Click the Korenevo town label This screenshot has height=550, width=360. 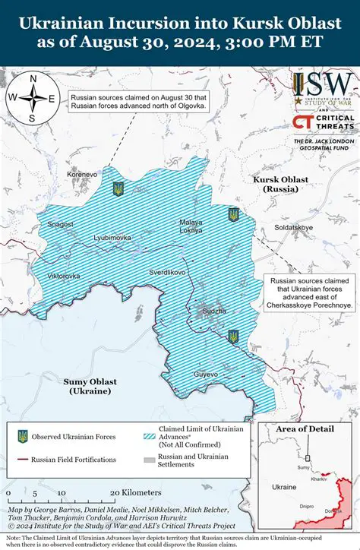click(x=82, y=175)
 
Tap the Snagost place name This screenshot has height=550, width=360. click(x=61, y=224)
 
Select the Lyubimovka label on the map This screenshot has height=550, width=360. click(x=112, y=238)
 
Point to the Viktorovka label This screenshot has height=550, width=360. click(x=63, y=276)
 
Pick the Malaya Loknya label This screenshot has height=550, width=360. click(x=191, y=226)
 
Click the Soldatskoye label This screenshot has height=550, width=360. click(x=293, y=227)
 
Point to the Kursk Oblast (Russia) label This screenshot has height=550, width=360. click(x=281, y=184)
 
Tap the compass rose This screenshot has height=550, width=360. click(x=32, y=97)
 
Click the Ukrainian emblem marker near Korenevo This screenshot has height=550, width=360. click(x=118, y=188)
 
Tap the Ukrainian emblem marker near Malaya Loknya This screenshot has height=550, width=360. click(x=233, y=214)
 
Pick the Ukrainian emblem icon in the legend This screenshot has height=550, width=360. click(x=23, y=436)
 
